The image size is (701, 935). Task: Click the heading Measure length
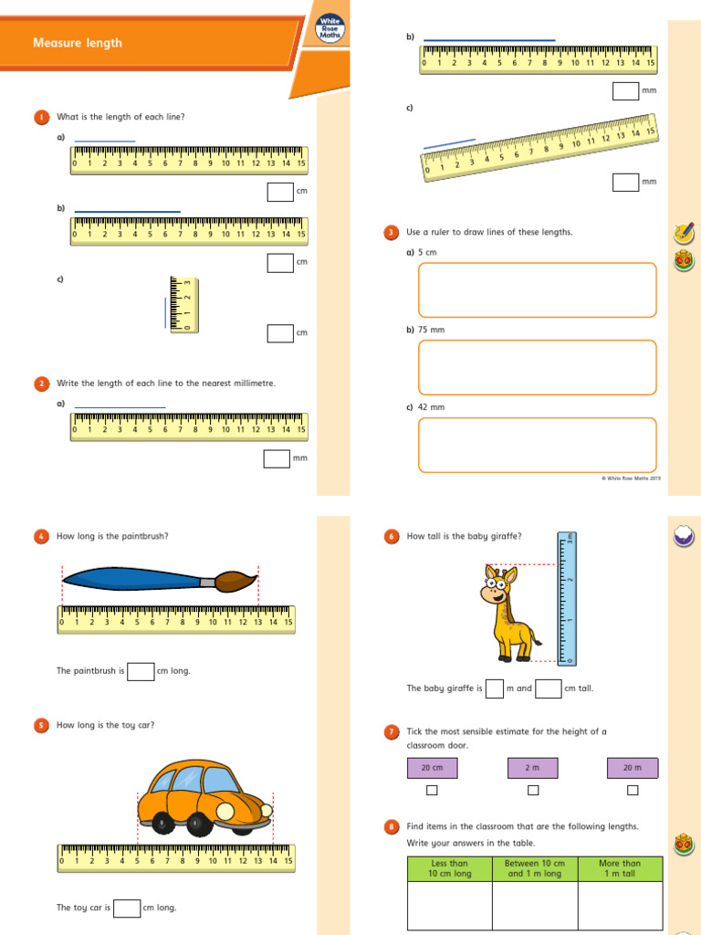pos(78,43)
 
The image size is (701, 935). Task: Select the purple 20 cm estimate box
pos(432,768)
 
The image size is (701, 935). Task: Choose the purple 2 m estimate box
pos(533,768)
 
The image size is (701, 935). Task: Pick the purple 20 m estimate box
pos(632,768)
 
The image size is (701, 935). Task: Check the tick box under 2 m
pos(533,790)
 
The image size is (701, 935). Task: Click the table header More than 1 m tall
pos(620,868)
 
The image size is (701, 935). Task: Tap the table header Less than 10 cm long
pos(449,868)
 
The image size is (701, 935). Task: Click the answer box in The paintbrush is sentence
pos(141,671)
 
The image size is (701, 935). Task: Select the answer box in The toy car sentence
pos(127,908)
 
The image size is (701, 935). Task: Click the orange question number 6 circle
pos(392,537)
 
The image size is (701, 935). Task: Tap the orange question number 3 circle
pos(392,233)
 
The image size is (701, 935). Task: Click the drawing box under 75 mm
pos(537,367)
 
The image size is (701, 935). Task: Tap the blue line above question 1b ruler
pos(127,212)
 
